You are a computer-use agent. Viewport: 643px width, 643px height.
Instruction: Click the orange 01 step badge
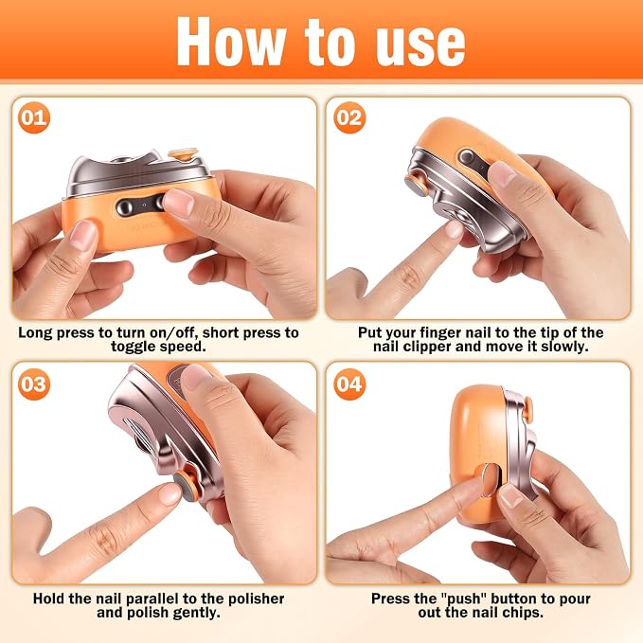[34, 117]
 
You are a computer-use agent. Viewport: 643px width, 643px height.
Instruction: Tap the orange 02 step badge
[349, 117]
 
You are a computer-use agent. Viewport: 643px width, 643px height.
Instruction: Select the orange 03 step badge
[34, 384]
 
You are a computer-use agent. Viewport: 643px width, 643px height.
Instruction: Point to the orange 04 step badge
[349, 384]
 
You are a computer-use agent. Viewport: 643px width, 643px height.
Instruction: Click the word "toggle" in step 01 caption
[134, 347]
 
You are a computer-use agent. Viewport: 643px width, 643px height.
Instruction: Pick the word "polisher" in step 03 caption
[256, 598]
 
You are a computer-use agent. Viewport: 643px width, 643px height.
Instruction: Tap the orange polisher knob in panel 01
[183, 154]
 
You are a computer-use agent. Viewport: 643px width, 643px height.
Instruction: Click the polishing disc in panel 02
[414, 186]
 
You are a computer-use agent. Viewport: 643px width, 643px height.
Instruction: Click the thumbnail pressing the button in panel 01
[178, 203]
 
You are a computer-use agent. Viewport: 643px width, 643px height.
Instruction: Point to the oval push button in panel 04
[488, 479]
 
